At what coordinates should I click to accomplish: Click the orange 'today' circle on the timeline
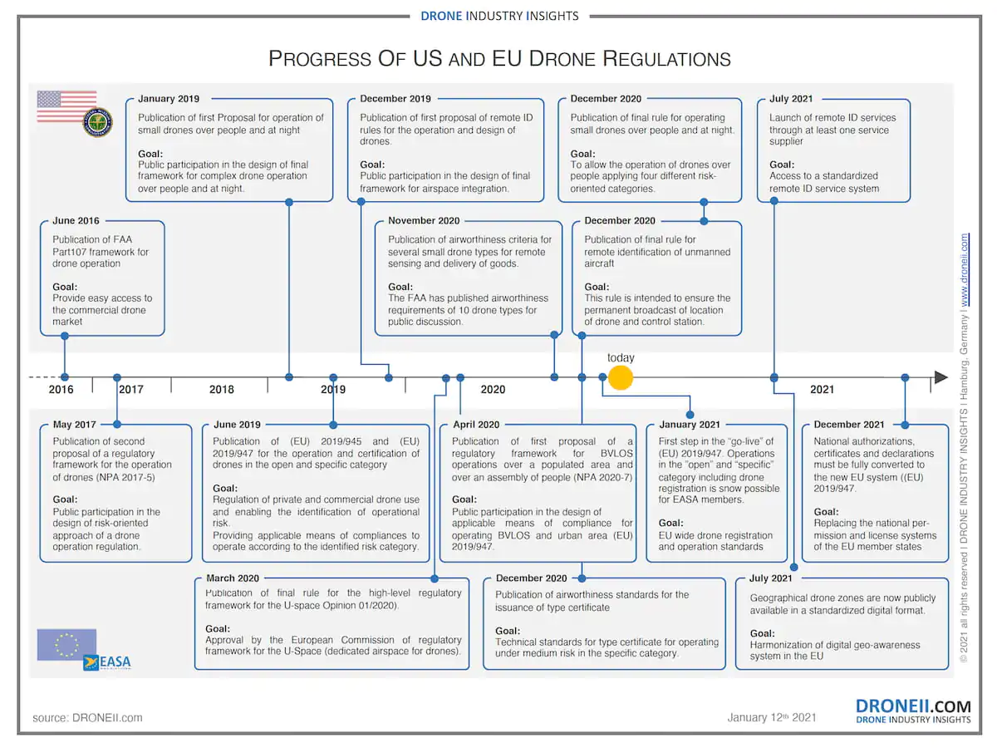[620, 377]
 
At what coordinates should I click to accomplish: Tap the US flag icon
[66, 106]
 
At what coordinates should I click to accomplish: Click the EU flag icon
[66, 644]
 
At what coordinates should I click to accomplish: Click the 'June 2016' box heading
[76, 221]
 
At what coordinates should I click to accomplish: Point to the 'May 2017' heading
[74, 425]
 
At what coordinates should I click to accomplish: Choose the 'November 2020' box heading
[424, 221]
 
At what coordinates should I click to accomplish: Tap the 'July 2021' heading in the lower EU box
[771, 578]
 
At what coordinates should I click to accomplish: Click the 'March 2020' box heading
[233, 578]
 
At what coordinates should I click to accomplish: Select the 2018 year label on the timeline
[222, 390]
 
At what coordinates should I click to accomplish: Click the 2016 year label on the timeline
[61, 390]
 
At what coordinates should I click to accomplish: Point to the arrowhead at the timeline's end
[941, 377]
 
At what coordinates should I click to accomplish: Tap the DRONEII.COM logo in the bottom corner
[913, 711]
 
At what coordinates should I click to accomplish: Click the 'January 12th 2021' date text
[772, 717]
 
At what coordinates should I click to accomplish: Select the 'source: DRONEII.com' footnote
[87, 717]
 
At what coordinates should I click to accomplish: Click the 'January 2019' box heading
[169, 99]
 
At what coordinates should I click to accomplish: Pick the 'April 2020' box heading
[476, 425]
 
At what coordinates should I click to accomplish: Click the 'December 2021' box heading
[849, 425]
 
